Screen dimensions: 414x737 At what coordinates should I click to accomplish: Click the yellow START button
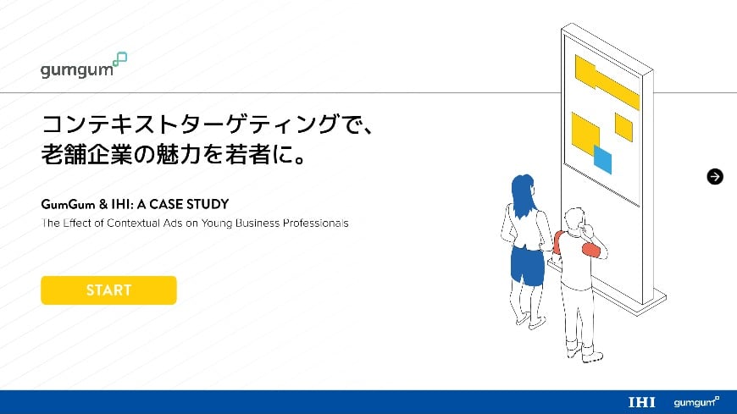coord(108,290)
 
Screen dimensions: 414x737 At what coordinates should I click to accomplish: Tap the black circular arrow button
coord(715,176)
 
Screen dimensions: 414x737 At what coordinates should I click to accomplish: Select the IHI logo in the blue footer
coord(642,402)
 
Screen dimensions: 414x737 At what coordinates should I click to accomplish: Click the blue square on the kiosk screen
coord(602,158)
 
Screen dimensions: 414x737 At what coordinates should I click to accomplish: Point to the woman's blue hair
coord(521,195)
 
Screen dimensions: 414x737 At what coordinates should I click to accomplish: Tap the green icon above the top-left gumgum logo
coord(120,58)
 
